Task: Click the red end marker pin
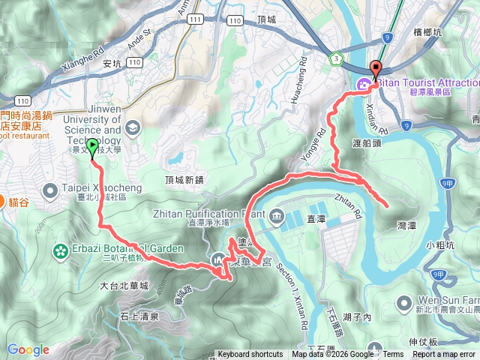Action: click(376, 67)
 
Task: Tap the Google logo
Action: click(28, 349)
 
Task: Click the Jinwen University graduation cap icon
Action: click(133, 127)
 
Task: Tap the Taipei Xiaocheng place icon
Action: click(49, 189)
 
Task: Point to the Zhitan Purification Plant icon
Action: click(277, 218)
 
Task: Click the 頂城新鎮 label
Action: click(184, 180)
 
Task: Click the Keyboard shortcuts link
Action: click(250, 355)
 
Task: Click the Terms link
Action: click(393, 355)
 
